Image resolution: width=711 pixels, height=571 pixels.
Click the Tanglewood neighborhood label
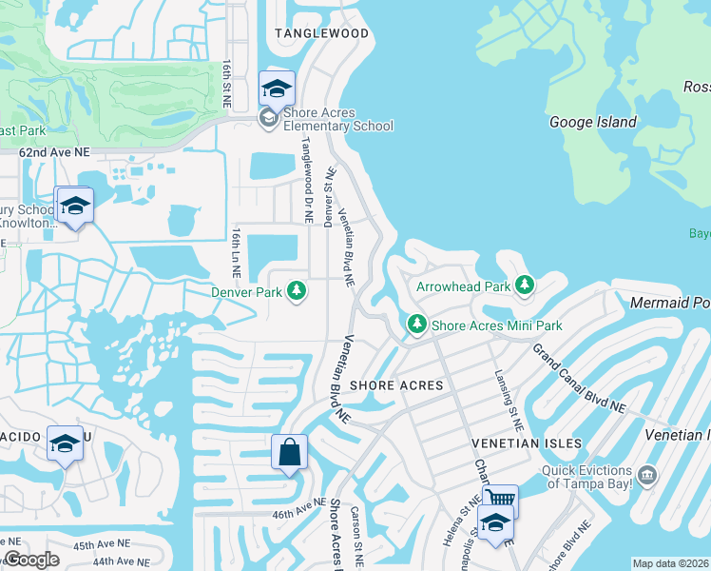[321, 33]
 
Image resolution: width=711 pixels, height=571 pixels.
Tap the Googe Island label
[593, 122]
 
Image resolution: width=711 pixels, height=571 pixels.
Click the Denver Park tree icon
[297, 290]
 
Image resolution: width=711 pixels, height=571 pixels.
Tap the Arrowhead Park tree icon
[524, 285]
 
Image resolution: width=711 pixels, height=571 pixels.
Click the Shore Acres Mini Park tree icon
[416, 325]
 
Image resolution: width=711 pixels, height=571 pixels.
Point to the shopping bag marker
[289, 452]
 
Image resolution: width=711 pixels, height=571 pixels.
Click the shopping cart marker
[500, 498]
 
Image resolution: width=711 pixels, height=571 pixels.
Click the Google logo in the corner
[32, 560]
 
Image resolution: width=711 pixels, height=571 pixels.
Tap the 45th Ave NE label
[100, 545]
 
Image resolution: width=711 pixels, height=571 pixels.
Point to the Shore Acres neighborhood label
[396, 385]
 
